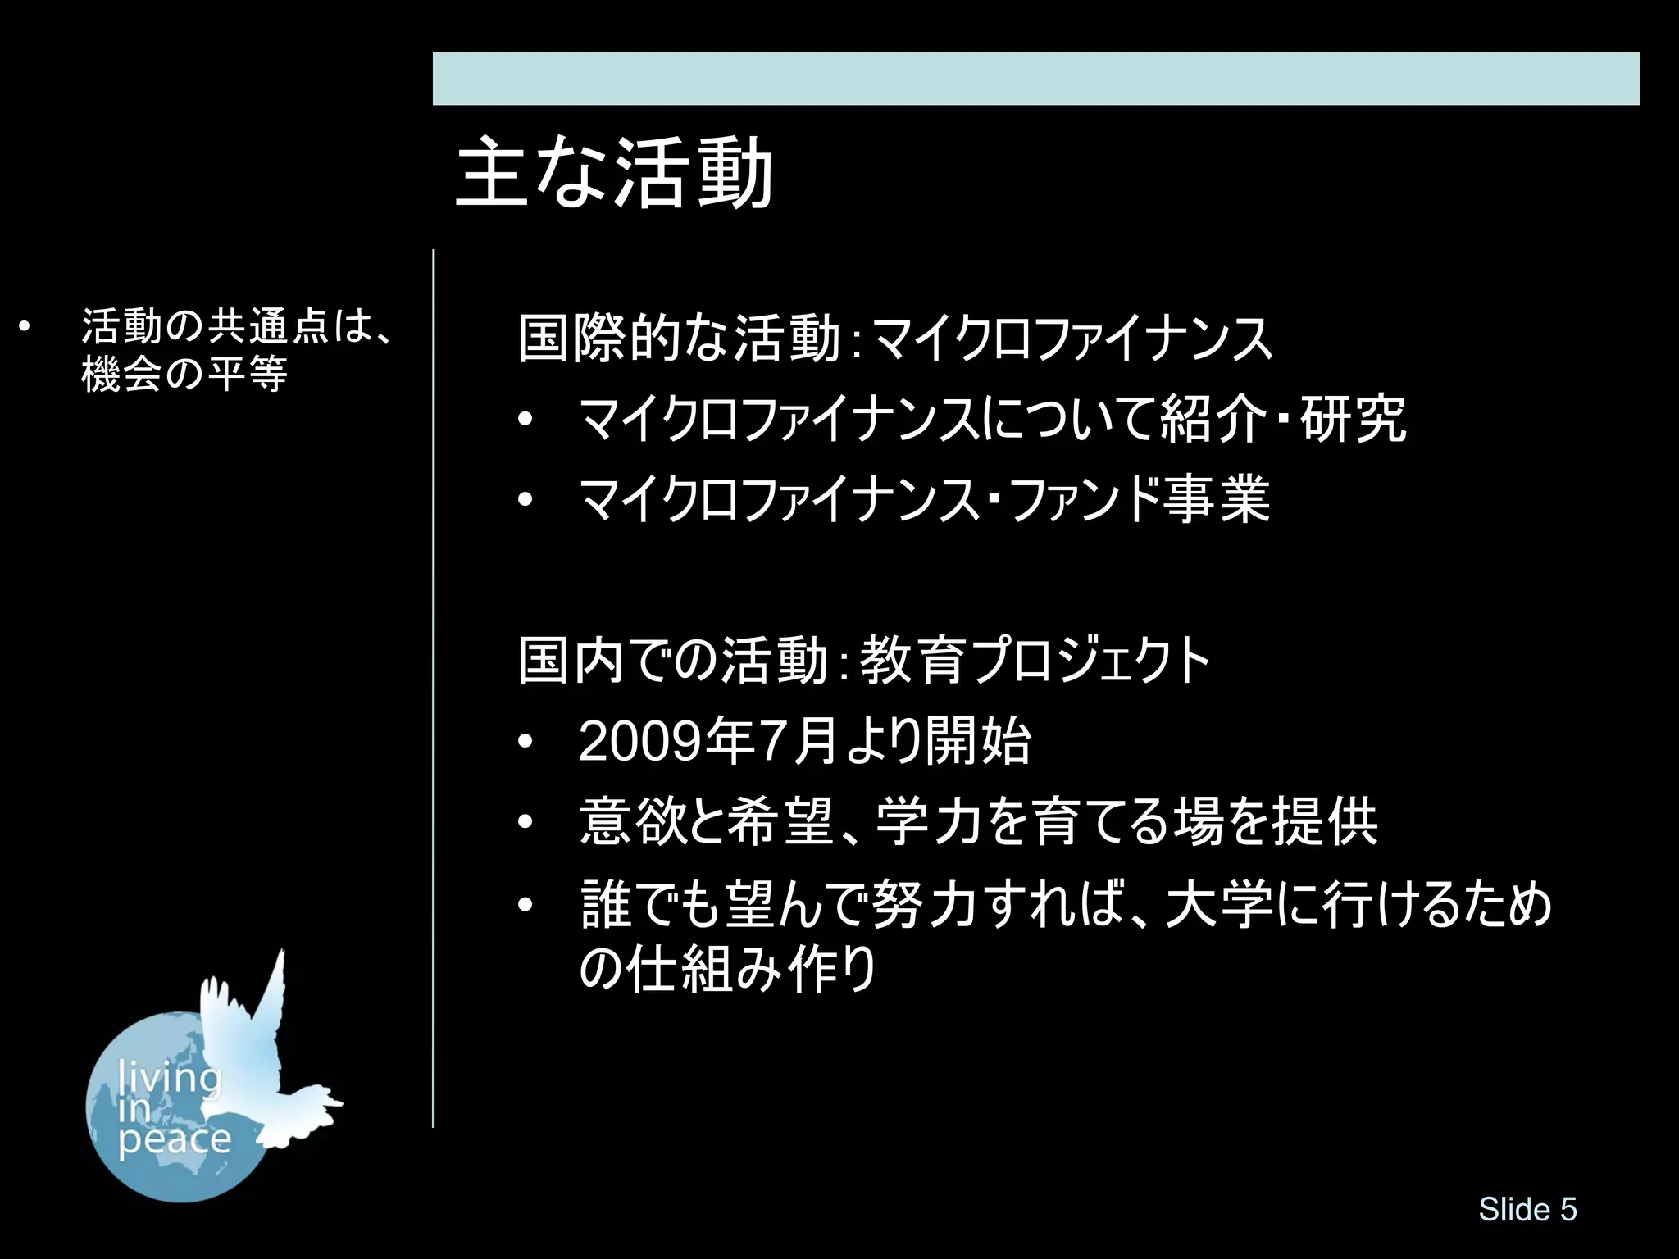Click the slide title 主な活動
click(x=614, y=174)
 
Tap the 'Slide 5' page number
click(x=1527, y=1209)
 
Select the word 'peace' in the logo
click(x=174, y=1139)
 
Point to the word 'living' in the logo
click(x=171, y=1076)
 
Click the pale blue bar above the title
click(x=1035, y=79)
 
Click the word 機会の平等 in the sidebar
click(x=184, y=375)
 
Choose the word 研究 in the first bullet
click(x=1354, y=419)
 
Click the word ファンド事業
click(x=1140, y=499)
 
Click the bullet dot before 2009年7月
click(x=526, y=743)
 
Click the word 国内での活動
click(x=672, y=661)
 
